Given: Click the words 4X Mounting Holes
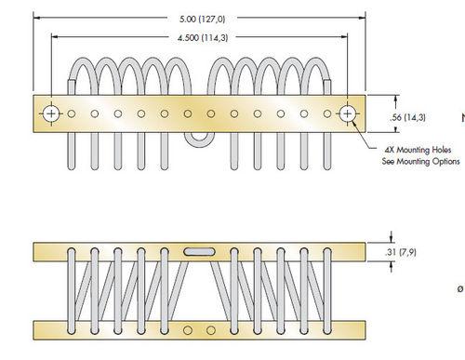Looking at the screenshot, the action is pos(418,150).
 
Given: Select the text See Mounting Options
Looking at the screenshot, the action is pos(420,162).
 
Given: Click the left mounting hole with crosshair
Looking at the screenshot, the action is pos(51,113).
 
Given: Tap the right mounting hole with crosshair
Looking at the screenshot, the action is pos(348,113).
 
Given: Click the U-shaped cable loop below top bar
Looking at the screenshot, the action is pos(199,144).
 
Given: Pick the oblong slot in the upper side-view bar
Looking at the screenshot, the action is pos(199,252).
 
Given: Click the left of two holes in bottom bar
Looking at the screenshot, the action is pos(187,330).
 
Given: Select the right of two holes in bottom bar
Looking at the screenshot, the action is pos(211,330).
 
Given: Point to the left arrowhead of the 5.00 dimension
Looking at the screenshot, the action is pos(36,18).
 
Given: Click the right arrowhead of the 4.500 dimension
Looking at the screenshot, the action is pos(344,36).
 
